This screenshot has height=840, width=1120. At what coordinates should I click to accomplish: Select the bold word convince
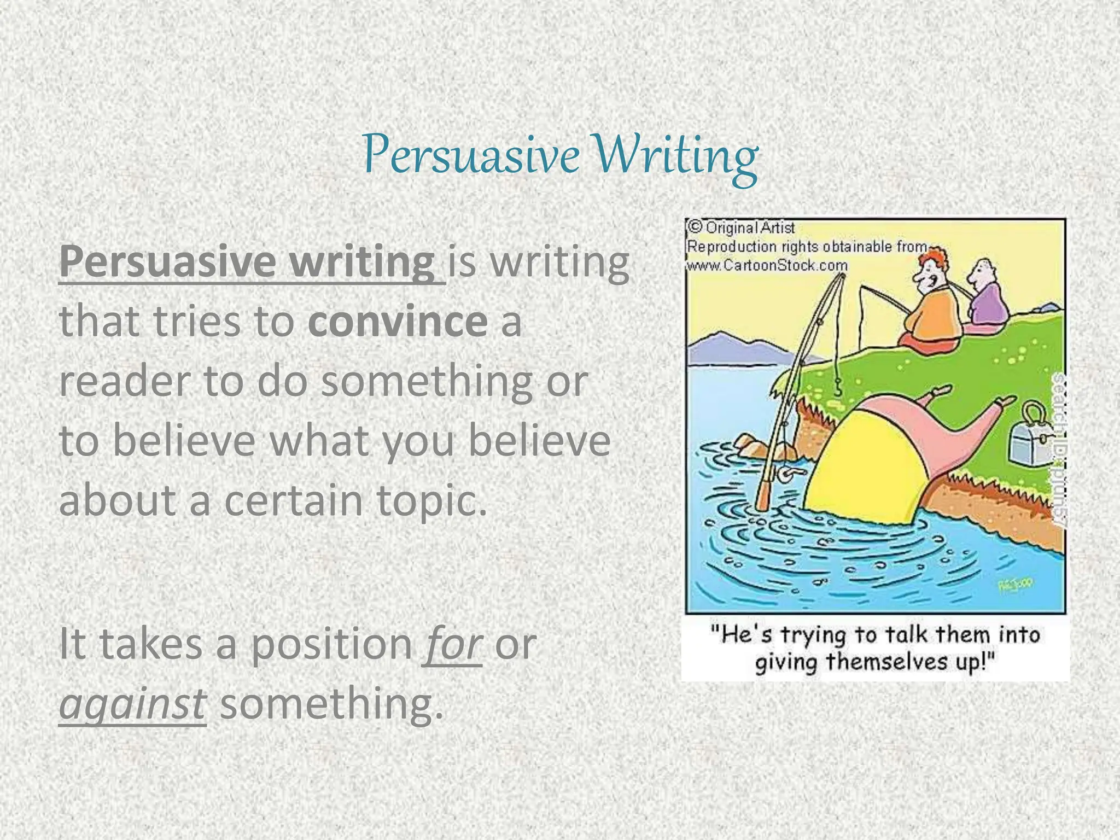pos(398,322)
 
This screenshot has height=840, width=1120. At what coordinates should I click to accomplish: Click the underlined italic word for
pos(452,644)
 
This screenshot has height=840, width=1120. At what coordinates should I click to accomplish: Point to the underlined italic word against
pos(132,704)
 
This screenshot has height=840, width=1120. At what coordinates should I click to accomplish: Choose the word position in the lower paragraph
pos(331,644)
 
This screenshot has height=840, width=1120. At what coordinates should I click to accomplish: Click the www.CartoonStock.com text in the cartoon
pos(767,266)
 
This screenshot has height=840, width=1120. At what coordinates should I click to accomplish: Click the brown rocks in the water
pos(755,446)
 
